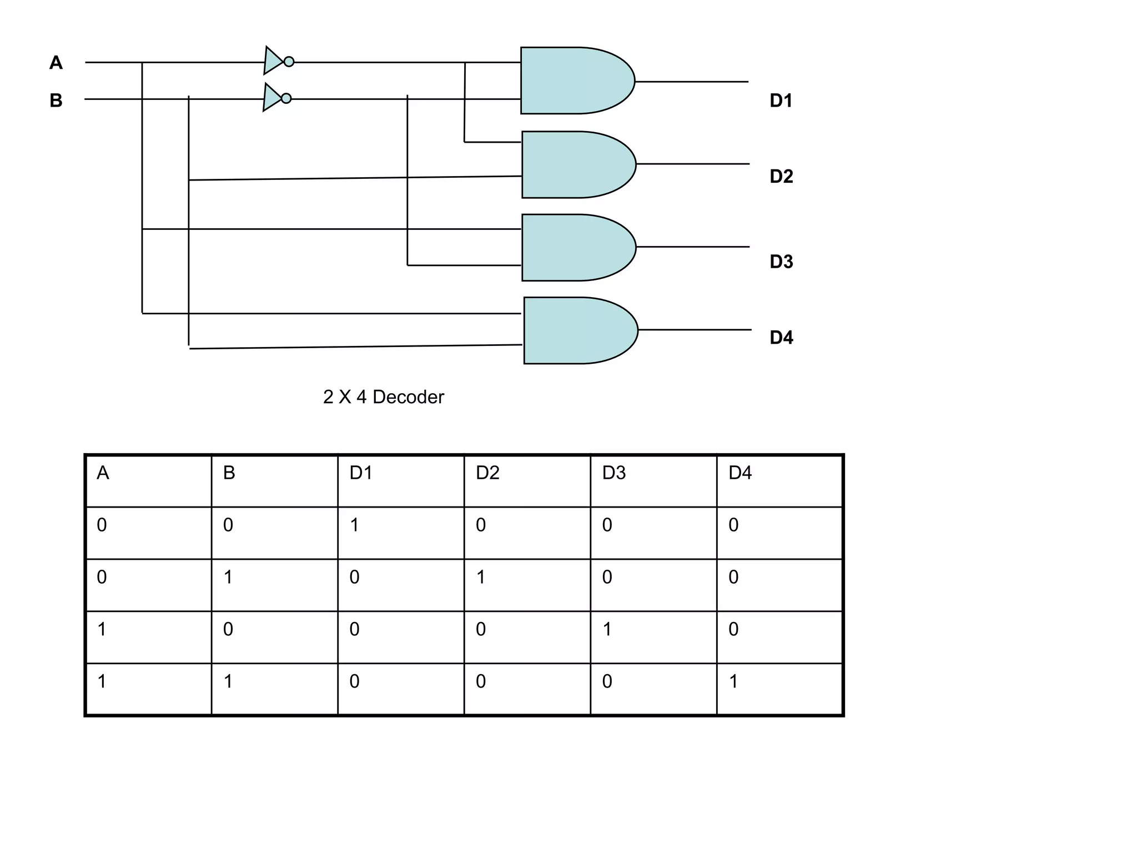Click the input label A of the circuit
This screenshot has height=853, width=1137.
coord(56,63)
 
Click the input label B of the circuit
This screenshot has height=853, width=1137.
coord(56,101)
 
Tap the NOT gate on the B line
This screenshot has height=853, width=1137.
coord(273,98)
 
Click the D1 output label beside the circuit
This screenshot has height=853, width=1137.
coord(781,101)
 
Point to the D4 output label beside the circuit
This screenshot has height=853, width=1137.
coord(781,337)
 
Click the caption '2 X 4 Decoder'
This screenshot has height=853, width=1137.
coord(384,397)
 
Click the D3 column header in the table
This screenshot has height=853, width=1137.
coord(614,473)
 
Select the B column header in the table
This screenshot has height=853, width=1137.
coord(229,473)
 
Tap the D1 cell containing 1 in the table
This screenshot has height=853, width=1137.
coord(355,525)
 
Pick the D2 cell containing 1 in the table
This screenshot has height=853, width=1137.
coord(481,577)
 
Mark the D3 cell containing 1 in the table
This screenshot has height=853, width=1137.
coord(607,629)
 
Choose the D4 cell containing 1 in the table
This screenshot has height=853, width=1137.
coord(733,681)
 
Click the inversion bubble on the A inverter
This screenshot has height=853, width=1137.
coord(289,62)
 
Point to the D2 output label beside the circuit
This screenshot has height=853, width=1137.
coord(781,177)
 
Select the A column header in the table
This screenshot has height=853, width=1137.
coord(103,473)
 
